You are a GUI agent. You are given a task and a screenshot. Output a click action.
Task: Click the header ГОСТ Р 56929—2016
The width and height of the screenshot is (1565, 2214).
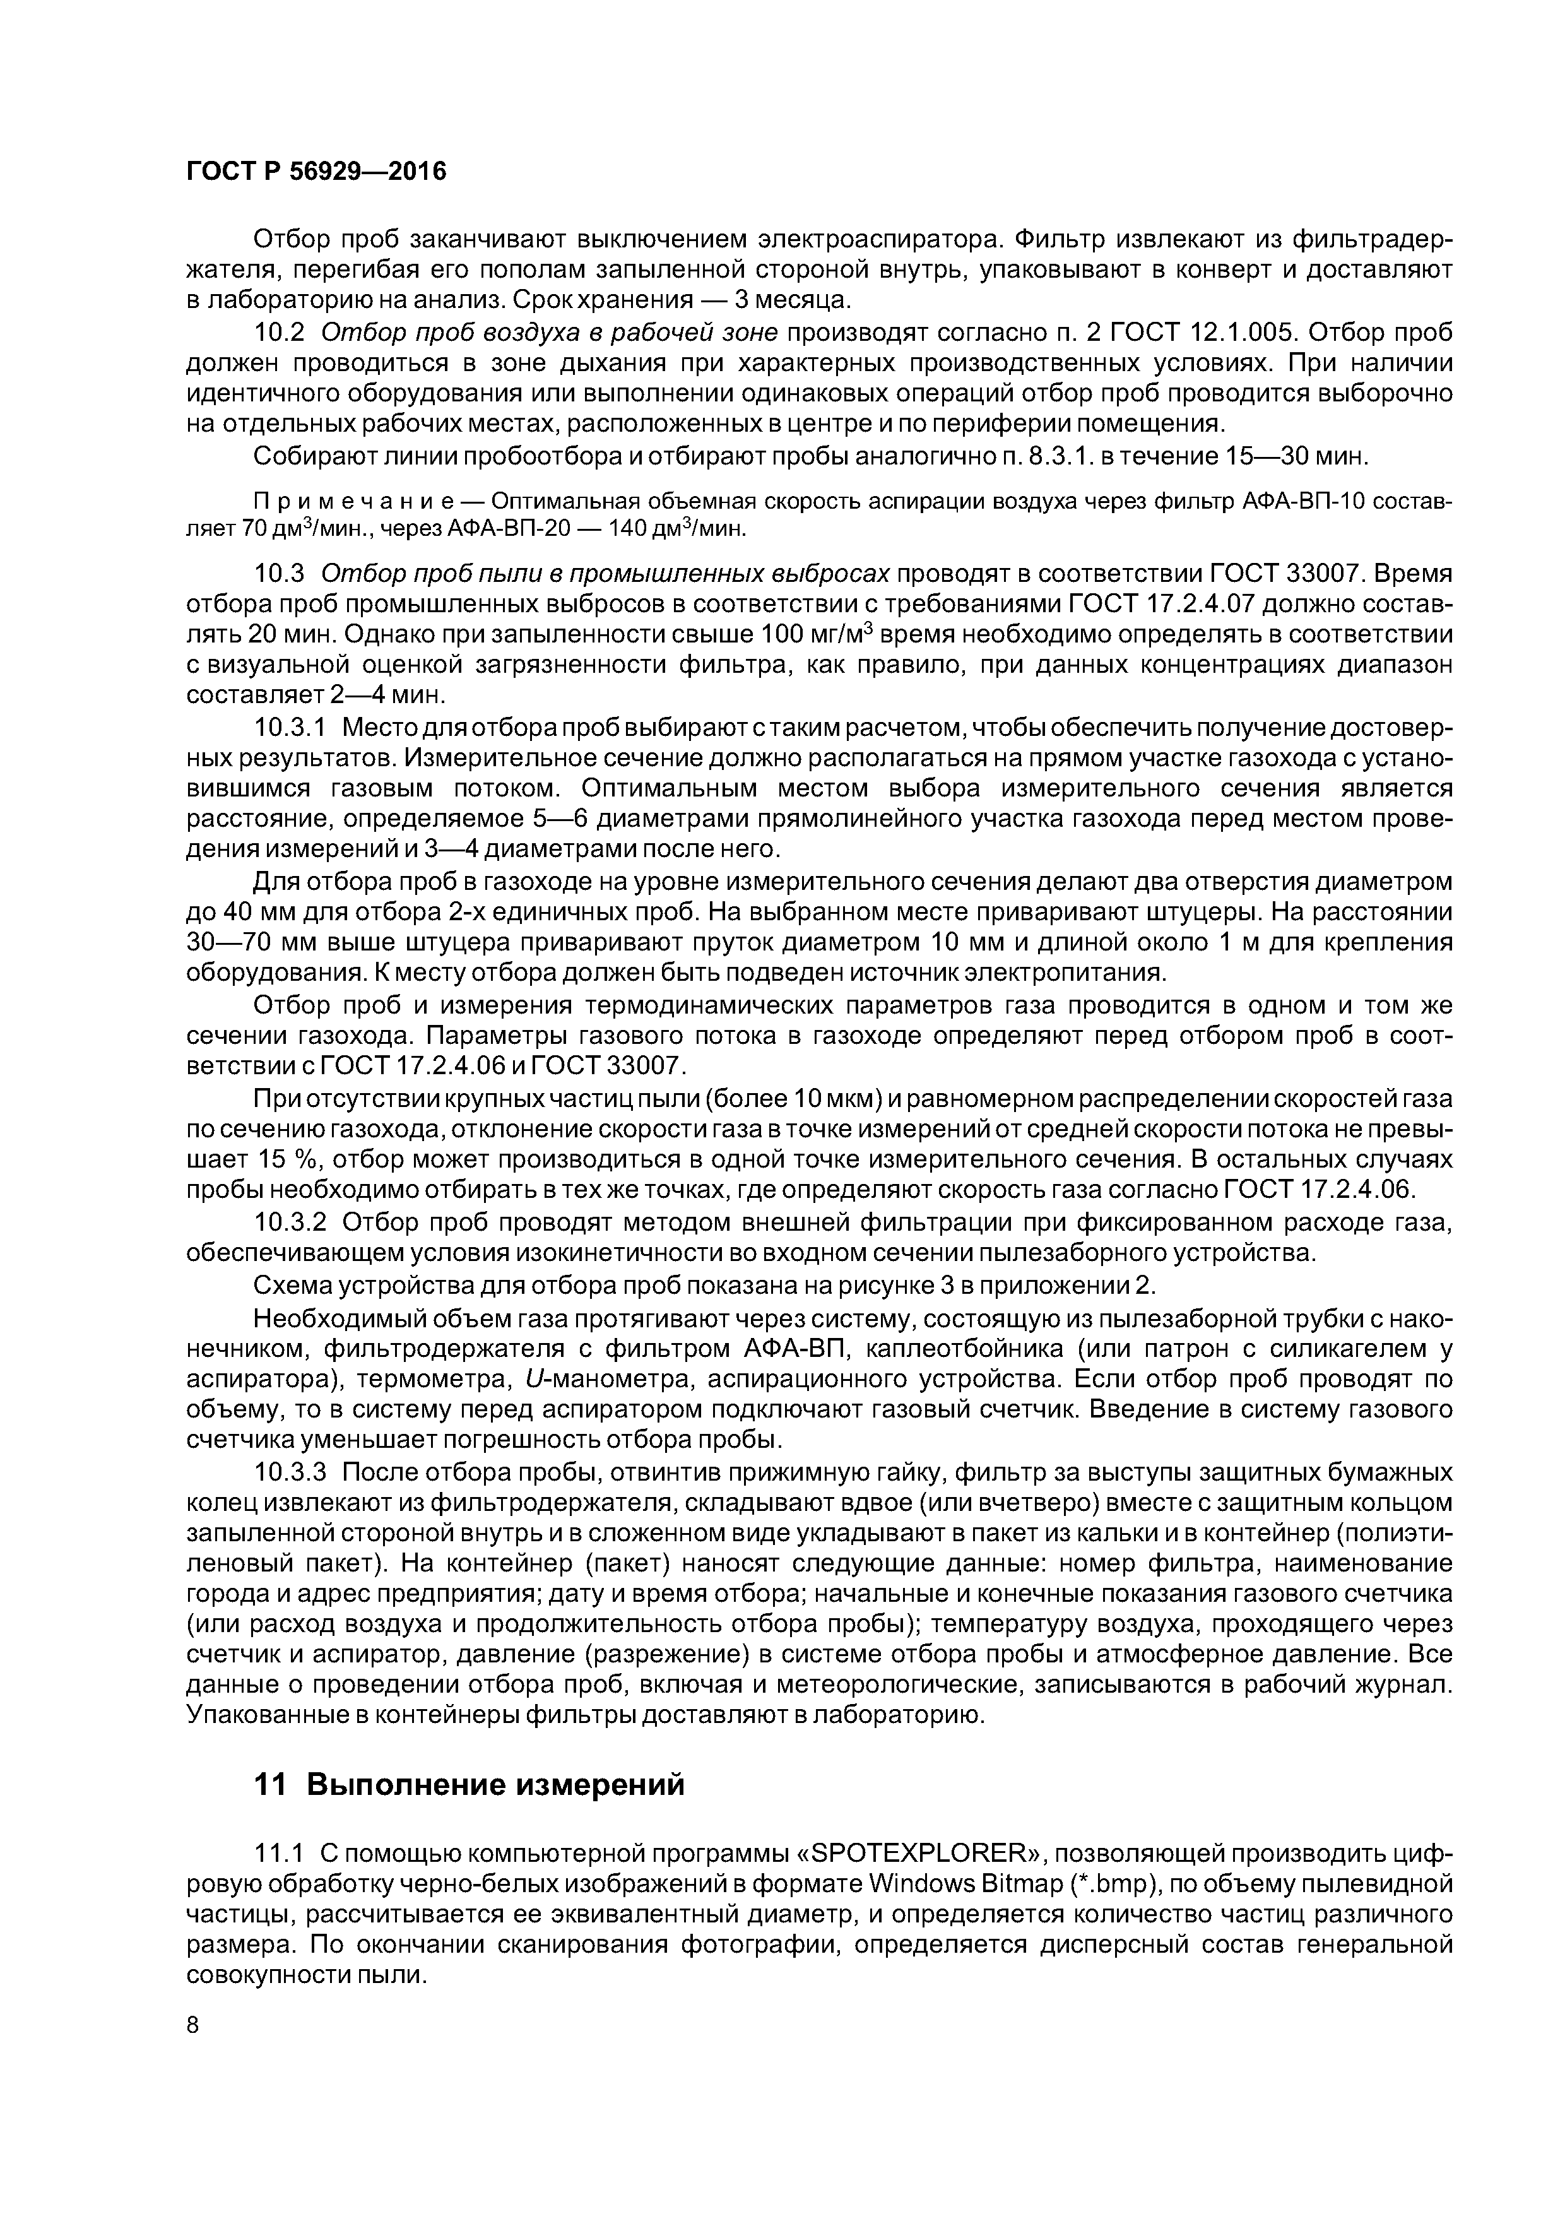316,172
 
